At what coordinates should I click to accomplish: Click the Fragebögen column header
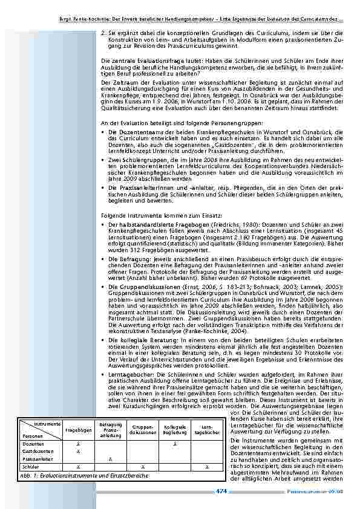[x=78, y=430]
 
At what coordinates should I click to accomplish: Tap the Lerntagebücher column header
[x=207, y=430]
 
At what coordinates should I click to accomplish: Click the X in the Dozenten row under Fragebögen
[x=78, y=444]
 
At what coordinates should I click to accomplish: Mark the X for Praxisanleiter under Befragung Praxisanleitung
[x=110, y=459]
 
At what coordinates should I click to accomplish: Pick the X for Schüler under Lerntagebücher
[x=207, y=467]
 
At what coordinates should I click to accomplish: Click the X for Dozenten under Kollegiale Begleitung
[x=175, y=444]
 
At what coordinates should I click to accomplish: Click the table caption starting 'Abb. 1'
[x=85, y=475]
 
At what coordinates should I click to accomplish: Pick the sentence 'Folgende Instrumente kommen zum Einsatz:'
[x=146, y=215]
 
